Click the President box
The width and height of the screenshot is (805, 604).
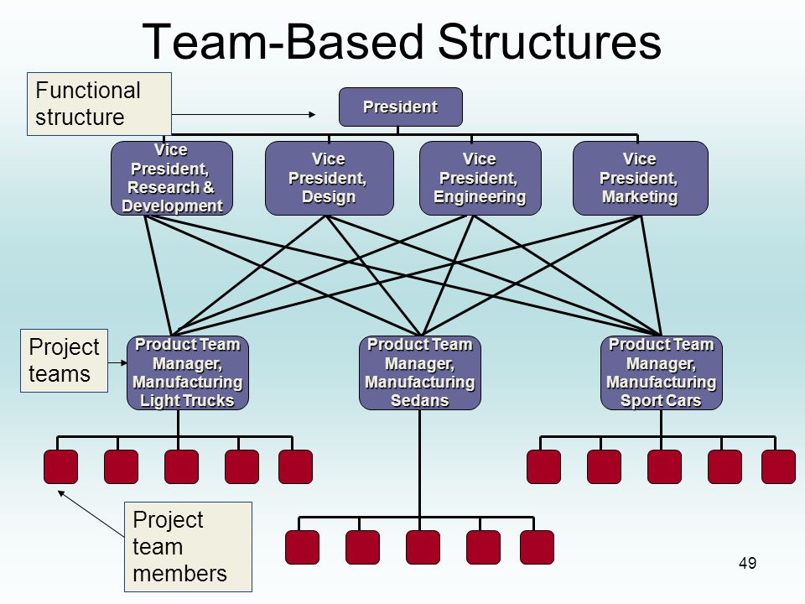(401, 107)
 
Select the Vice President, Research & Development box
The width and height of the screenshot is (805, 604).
(172, 178)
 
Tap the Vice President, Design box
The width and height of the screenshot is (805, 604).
(329, 178)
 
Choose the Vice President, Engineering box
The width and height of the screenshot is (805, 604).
(480, 178)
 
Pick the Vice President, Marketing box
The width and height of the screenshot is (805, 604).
(640, 178)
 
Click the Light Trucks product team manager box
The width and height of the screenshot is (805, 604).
(188, 372)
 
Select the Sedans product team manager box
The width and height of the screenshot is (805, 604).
(420, 372)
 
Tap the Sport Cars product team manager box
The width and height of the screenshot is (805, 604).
(662, 372)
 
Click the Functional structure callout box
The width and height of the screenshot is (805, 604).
(99, 104)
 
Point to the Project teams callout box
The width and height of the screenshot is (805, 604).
(65, 361)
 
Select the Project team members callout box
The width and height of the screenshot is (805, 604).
(188, 547)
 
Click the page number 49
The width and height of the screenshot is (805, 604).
(747, 564)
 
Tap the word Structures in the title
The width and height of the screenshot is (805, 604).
(549, 42)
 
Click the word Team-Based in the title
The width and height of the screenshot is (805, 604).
(284, 42)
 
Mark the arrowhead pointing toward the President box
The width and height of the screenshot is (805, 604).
(312, 115)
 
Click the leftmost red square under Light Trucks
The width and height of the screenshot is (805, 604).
(60, 467)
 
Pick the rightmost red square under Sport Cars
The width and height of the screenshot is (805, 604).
(778, 467)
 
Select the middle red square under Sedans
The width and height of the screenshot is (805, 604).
(423, 548)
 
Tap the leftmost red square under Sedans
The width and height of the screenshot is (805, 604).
(302, 548)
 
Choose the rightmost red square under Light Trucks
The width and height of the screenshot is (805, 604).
(295, 467)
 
